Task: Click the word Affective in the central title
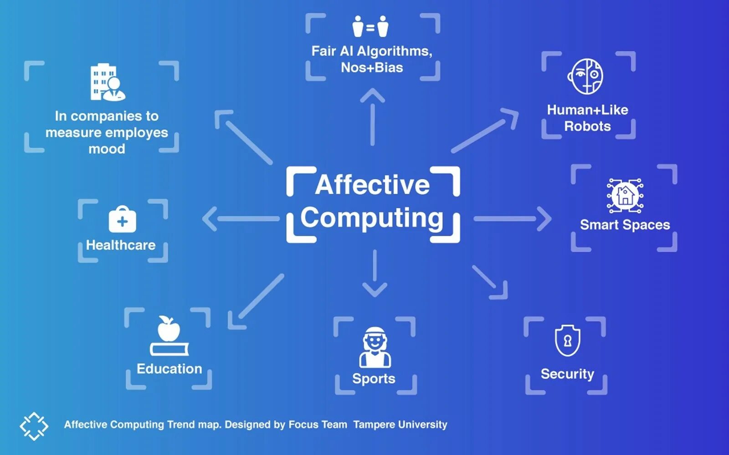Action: click(x=372, y=185)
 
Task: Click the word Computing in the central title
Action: click(x=372, y=218)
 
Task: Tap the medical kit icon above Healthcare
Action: click(x=122, y=220)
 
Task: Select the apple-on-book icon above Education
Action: click(x=169, y=336)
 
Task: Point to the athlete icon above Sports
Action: click(x=375, y=347)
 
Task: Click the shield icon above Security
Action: click(x=567, y=341)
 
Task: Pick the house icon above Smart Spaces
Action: click(x=625, y=195)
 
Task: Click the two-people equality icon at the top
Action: click(x=370, y=27)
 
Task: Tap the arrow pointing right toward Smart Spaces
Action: click(x=513, y=219)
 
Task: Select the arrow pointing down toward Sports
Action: click(x=375, y=273)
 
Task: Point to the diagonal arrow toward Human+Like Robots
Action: click(x=486, y=130)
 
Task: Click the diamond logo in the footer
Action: click(x=34, y=426)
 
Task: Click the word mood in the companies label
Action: click(x=107, y=149)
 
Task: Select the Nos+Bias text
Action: click(x=372, y=67)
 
